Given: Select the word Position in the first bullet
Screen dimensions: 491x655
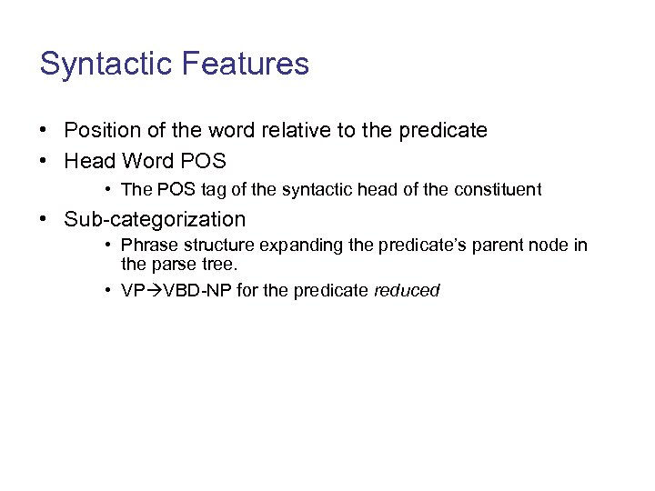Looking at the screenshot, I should [102, 131].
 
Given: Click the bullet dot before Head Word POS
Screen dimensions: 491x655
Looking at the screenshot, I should [45, 162].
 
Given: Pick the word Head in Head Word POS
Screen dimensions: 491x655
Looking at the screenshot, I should [88, 162].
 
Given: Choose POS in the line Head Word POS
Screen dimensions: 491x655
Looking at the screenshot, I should [204, 162].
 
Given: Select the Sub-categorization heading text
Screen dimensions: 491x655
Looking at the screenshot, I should [155, 220].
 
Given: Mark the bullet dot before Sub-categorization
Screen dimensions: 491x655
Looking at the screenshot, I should [45, 220].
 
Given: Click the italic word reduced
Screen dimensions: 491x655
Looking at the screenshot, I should [407, 292].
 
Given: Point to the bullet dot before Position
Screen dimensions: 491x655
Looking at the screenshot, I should [45, 131].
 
